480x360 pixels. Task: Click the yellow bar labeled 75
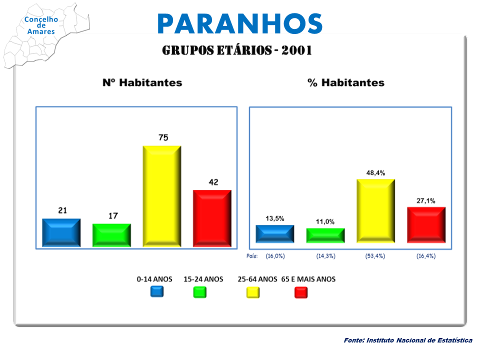tap(162, 196)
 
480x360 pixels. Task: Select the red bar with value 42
tap(212, 218)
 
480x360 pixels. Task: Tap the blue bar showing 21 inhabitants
tap(61, 232)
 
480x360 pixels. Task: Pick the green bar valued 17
tap(111, 235)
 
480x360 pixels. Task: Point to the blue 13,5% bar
tap(275, 234)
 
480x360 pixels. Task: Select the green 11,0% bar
tap(325, 235)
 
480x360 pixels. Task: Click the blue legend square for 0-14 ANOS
tap(157, 291)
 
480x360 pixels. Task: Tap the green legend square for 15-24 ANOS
tap(200, 292)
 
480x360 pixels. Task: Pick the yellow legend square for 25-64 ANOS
tap(253, 292)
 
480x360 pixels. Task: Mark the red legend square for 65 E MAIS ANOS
tap(301, 292)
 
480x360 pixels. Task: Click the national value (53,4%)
tap(375, 256)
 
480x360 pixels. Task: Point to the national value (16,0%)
tap(275, 256)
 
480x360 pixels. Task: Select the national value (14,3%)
tap(325, 256)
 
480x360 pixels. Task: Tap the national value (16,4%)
tap(426, 256)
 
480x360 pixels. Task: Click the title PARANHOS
tap(240, 23)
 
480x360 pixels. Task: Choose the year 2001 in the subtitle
tap(296, 50)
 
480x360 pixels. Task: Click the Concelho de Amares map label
tap(41, 25)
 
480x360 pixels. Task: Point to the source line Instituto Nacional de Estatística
tap(419, 340)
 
